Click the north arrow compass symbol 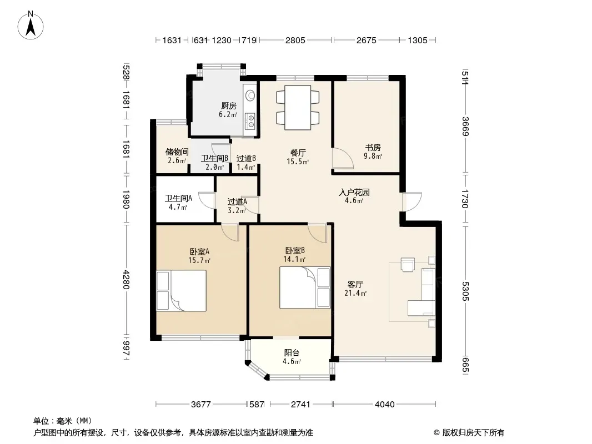click(31, 25)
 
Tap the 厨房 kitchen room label click(228, 110)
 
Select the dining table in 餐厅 click(298, 108)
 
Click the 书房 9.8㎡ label click(373, 152)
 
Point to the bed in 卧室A click(182, 290)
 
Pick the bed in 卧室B click(305, 287)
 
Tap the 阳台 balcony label click(292, 357)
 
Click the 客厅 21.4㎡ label click(355, 288)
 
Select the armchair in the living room click(408, 264)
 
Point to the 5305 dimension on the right click(465, 291)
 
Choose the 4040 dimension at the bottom click(384, 405)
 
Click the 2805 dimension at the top click(295, 40)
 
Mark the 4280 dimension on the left click(126, 280)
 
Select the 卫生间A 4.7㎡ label click(178, 202)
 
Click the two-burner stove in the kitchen click(249, 121)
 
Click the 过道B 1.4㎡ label click(246, 163)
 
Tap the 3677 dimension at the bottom click(201, 405)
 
